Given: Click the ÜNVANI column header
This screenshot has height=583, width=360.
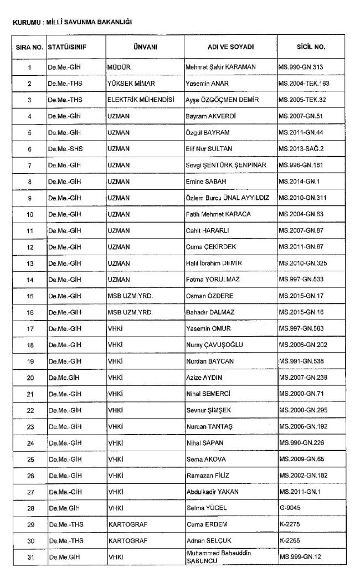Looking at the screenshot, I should point(145,47).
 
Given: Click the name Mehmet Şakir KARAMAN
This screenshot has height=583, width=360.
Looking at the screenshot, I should point(220,67).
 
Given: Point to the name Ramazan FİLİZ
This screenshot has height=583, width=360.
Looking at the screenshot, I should point(207,476).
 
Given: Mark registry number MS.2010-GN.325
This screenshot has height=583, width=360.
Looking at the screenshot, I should point(306,247).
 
